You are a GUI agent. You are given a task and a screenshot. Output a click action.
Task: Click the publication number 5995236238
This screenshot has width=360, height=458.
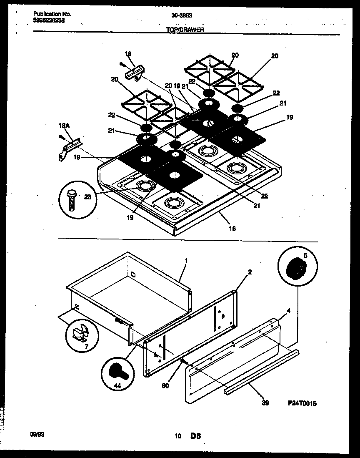(49, 20)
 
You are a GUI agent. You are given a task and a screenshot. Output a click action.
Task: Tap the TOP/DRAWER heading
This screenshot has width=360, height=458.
(184, 30)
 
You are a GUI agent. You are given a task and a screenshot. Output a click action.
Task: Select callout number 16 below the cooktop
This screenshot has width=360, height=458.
(232, 228)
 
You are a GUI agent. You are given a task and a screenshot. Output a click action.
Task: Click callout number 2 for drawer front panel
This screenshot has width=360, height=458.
(250, 272)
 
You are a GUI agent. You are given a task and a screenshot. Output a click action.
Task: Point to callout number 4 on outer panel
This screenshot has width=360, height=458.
(288, 310)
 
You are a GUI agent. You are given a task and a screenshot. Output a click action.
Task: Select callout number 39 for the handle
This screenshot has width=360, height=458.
(265, 403)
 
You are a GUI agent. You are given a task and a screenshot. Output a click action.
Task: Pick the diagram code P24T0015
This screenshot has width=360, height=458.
(302, 403)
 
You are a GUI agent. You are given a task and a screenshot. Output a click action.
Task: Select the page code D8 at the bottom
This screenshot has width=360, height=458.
(196, 436)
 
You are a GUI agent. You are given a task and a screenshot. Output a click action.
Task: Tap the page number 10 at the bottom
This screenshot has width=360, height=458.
(178, 437)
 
